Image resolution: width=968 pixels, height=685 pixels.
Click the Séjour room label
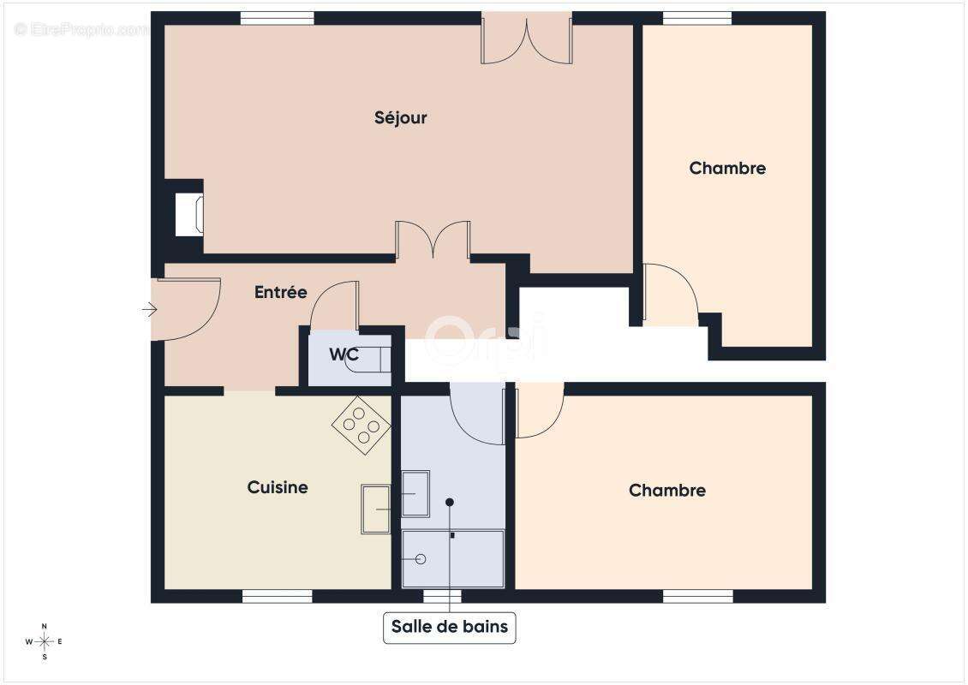[401, 118]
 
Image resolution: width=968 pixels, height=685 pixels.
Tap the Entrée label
[281, 292]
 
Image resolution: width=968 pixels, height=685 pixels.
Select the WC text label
[344, 354]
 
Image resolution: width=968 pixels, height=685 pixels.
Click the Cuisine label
[278, 487]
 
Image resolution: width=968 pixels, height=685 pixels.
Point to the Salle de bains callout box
[450, 627]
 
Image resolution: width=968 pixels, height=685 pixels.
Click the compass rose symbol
[45, 642]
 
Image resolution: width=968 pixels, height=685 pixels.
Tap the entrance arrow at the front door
[149, 309]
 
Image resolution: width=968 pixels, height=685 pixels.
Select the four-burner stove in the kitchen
[362, 426]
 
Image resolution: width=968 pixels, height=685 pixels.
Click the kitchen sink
[376, 509]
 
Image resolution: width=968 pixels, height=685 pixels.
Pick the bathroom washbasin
[415, 494]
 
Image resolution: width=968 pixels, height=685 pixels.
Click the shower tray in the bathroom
[453, 558]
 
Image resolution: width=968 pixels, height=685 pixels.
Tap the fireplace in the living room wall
[189, 215]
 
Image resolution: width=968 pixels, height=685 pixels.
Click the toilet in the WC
[368, 360]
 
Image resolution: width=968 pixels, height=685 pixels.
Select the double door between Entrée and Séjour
[433, 240]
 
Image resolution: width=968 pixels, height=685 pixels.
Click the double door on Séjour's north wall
[527, 39]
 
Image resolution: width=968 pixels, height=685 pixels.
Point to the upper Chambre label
[727, 169]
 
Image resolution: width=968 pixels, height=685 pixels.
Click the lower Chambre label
[667, 491]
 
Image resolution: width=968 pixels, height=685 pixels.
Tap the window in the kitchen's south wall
[278, 596]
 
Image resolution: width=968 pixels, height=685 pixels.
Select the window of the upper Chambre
[697, 18]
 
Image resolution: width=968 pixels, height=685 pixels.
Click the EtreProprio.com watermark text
[81, 29]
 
